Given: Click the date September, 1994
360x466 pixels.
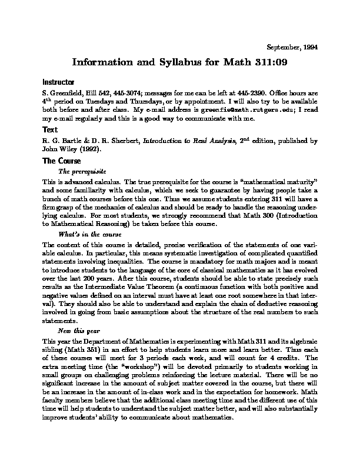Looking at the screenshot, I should tap(293, 47).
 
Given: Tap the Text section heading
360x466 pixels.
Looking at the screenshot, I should tap(49, 129).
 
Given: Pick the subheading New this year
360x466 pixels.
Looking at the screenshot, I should tap(78, 331).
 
